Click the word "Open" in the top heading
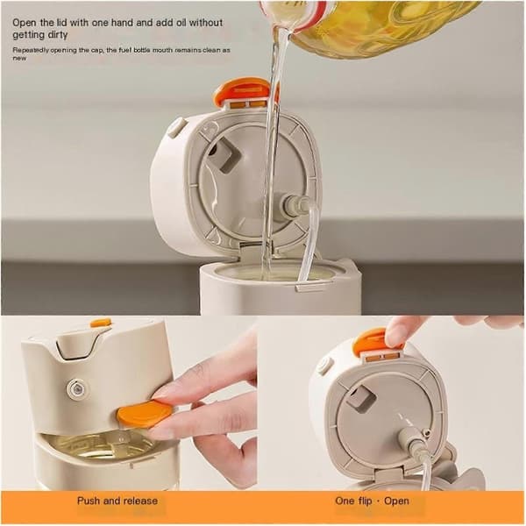coord(25,23)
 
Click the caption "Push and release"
coord(117,501)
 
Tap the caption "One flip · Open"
coord(372,501)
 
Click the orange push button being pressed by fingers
coord(145,414)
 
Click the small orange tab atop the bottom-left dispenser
coord(100,323)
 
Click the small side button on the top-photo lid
coord(175,127)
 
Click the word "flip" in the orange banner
coord(365,501)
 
